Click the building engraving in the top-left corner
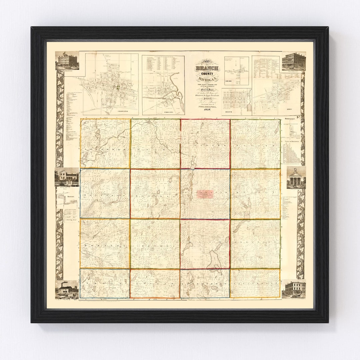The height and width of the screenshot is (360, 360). click(67, 61)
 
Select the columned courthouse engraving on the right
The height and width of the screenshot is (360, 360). click(296, 178)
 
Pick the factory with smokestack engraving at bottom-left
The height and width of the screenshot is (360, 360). click(67, 289)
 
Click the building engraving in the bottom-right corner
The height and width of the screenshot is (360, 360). click(294, 289)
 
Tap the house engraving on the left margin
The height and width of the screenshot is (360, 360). click(67, 176)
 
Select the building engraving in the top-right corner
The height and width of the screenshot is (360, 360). click(294, 61)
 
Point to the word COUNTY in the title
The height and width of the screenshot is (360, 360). click(207, 74)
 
